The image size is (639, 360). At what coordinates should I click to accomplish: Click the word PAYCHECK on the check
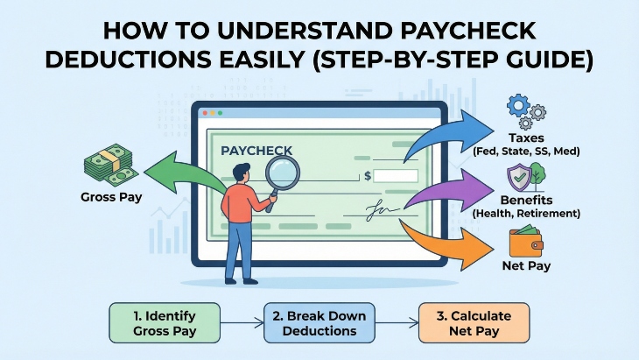tap(256, 151)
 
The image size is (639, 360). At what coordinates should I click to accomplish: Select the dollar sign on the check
tap(368, 176)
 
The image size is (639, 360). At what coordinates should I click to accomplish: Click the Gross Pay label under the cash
tap(107, 197)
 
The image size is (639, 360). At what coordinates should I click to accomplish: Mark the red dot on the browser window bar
tap(205, 113)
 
